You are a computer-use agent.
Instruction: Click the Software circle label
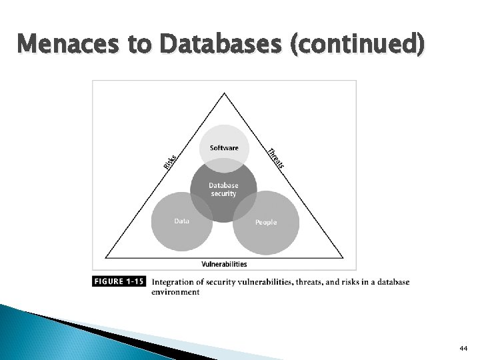[224, 148]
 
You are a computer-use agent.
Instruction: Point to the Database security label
[223, 189]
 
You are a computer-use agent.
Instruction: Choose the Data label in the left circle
[181, 221]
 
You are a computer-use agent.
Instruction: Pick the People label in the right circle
[266, 222]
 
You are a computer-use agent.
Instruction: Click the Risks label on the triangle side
[170, 161]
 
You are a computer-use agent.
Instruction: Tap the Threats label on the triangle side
[276, 157]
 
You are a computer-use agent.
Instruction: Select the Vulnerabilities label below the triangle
[224, 265]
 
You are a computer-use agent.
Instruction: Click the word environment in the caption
[175, 292]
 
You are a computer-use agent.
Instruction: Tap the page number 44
[463, 348]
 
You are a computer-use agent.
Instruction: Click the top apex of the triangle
[224, 93]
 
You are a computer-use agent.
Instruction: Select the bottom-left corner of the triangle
[104, 258]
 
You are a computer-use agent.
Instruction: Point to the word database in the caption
[393, 281]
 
